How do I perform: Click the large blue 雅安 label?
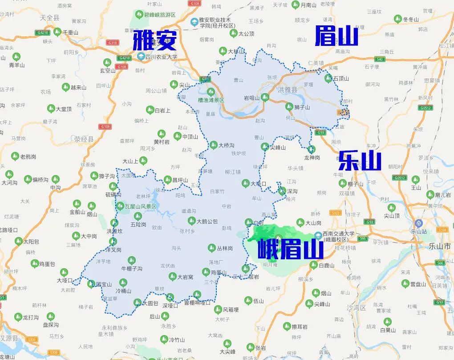(x=154, y=40)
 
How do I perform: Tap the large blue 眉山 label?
(x=336, y=36)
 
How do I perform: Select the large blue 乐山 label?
(x=360, y=161)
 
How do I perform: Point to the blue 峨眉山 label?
(x=290, y=249)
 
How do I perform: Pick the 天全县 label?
(x=49, y=18)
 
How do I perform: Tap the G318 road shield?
(x=113, y=43)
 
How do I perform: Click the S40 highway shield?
(x=380, y=59)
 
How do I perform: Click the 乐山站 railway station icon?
(x=418, y=223)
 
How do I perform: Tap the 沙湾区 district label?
(x=356, y=307)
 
